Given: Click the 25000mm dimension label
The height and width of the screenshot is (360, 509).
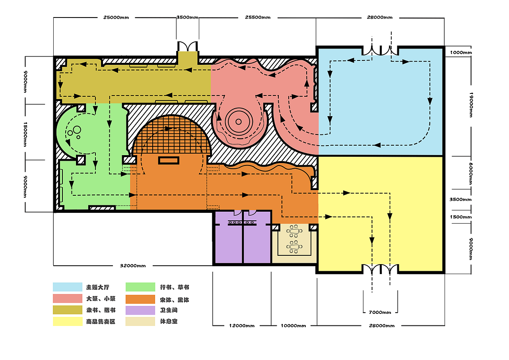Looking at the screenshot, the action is (x=116, y=18).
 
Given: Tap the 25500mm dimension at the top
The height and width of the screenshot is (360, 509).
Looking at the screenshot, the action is (x=258, y=17).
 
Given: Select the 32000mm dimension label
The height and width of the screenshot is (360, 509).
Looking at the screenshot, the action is (x=133, y=266).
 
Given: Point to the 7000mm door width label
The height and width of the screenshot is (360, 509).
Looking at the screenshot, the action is (x=380, y=312).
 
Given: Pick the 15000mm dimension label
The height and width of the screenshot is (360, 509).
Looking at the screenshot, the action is (x=25, y=134).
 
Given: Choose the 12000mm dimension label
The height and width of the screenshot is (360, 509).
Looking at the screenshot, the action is (x=242, y=326).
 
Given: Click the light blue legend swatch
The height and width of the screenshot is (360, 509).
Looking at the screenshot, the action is (x=68, y=287).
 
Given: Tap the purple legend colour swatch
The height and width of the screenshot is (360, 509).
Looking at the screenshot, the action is (x=140, y=310).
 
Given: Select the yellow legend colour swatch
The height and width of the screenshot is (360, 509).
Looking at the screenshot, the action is (x=68, y=321).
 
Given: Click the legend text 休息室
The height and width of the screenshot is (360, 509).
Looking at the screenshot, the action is (x=169, y=321).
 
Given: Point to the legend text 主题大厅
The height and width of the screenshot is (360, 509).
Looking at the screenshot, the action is (x=98, y=287).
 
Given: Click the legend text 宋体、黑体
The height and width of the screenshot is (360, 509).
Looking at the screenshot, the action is (x=175, y=300).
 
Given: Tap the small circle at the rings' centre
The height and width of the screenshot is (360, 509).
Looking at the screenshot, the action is (x=238, y=122).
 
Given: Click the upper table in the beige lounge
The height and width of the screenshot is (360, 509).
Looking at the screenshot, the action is (x=294, y=231).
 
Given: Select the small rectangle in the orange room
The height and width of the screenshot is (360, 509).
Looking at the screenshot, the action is (x=169, y=160).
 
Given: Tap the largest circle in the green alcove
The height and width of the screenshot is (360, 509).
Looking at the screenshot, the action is (x=77, y=130).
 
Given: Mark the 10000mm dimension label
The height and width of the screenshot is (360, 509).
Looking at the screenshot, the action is (x=293, y=326).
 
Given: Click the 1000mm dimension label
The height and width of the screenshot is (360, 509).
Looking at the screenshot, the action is (x=461, y=53).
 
